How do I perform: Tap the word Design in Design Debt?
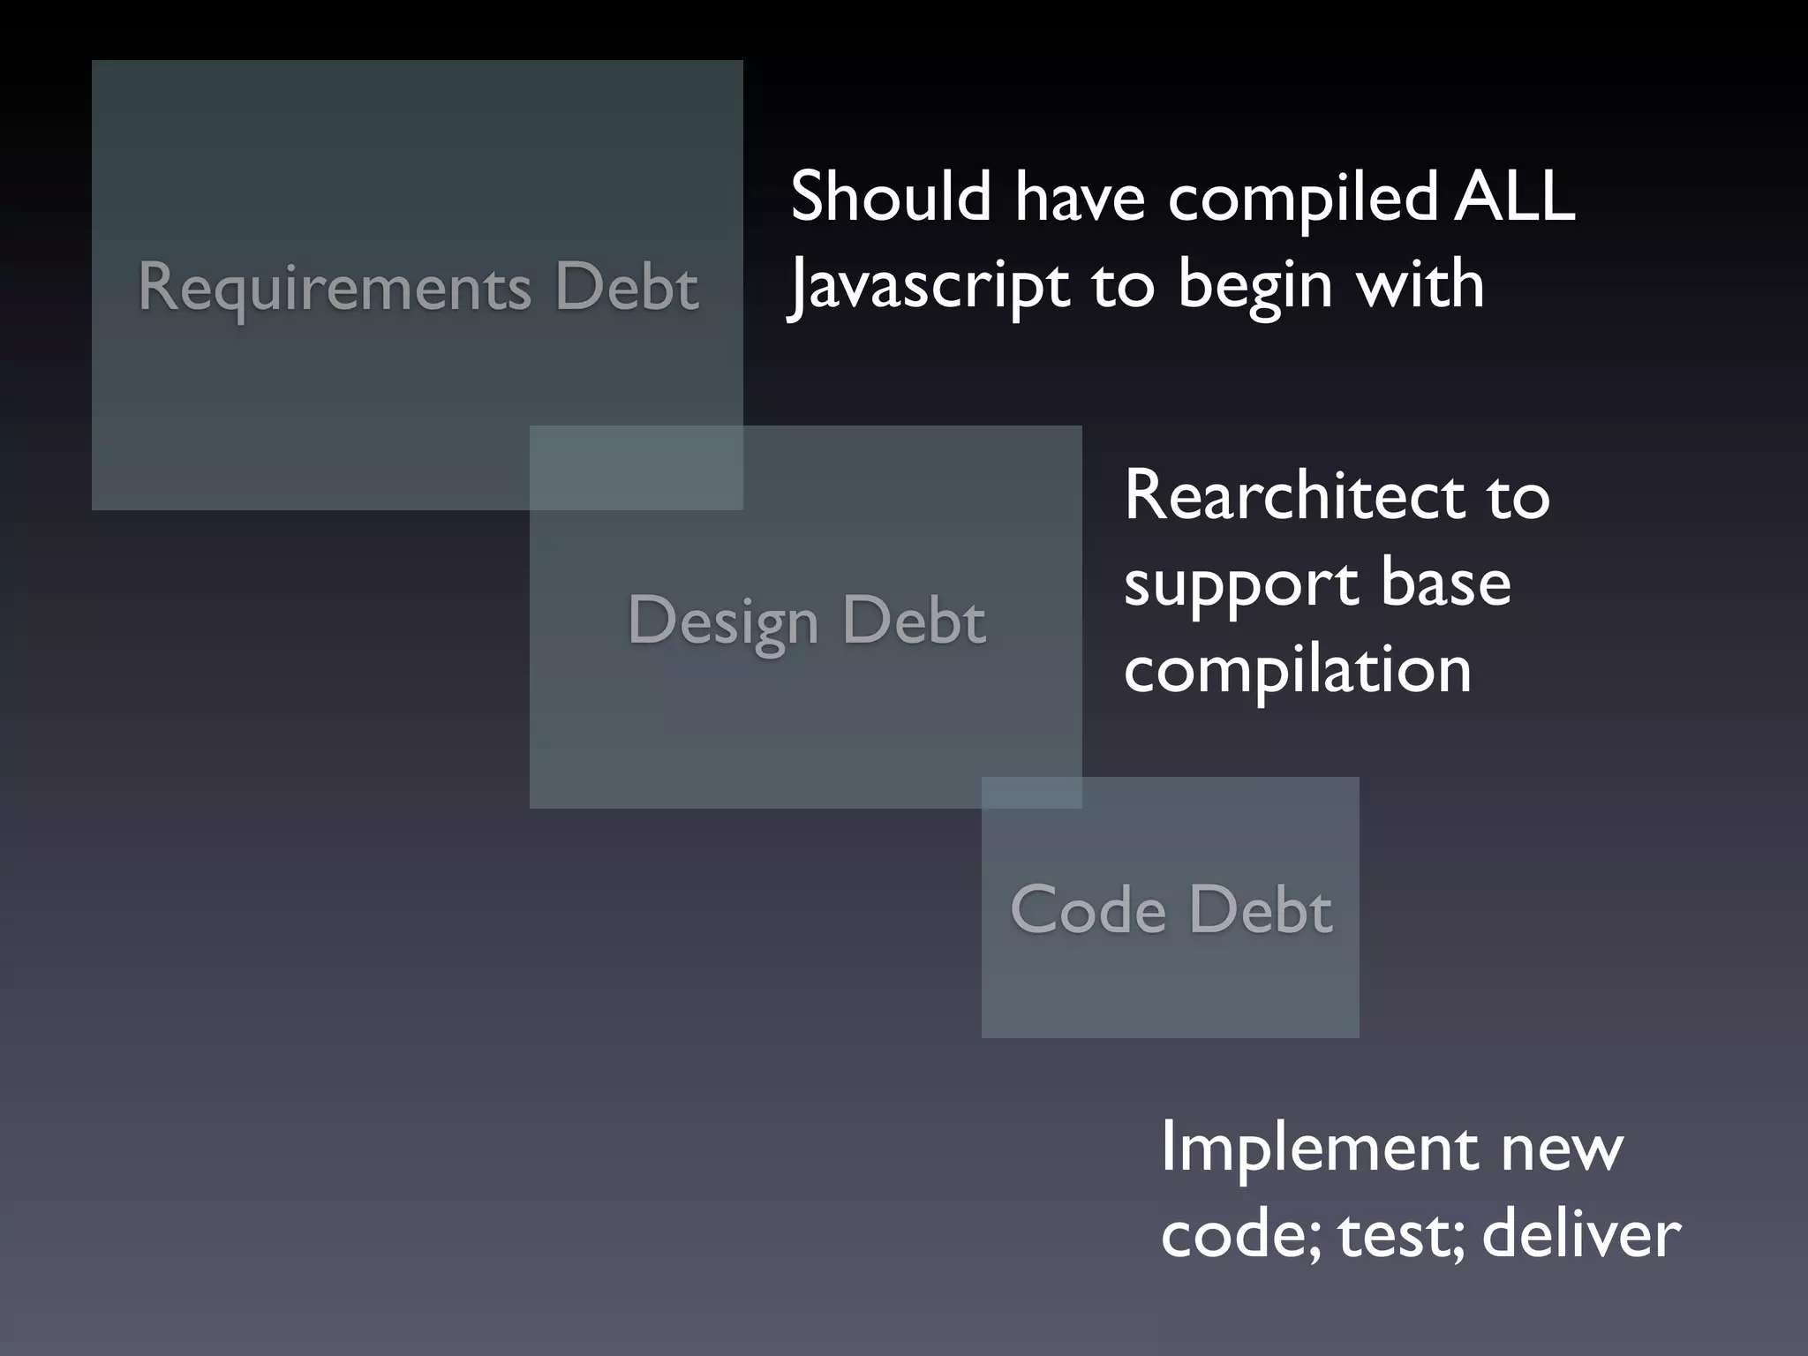pos(723,621)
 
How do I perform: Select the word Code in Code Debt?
pos(1088,909)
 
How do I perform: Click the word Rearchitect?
pos(1293,496)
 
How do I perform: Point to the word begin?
pos(1254,286)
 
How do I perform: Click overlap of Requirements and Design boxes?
pos(636,467)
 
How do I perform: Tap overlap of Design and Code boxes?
pos(1031,792)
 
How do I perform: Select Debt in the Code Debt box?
pos(1260,909)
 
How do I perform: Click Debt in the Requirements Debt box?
pos(627,288)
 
